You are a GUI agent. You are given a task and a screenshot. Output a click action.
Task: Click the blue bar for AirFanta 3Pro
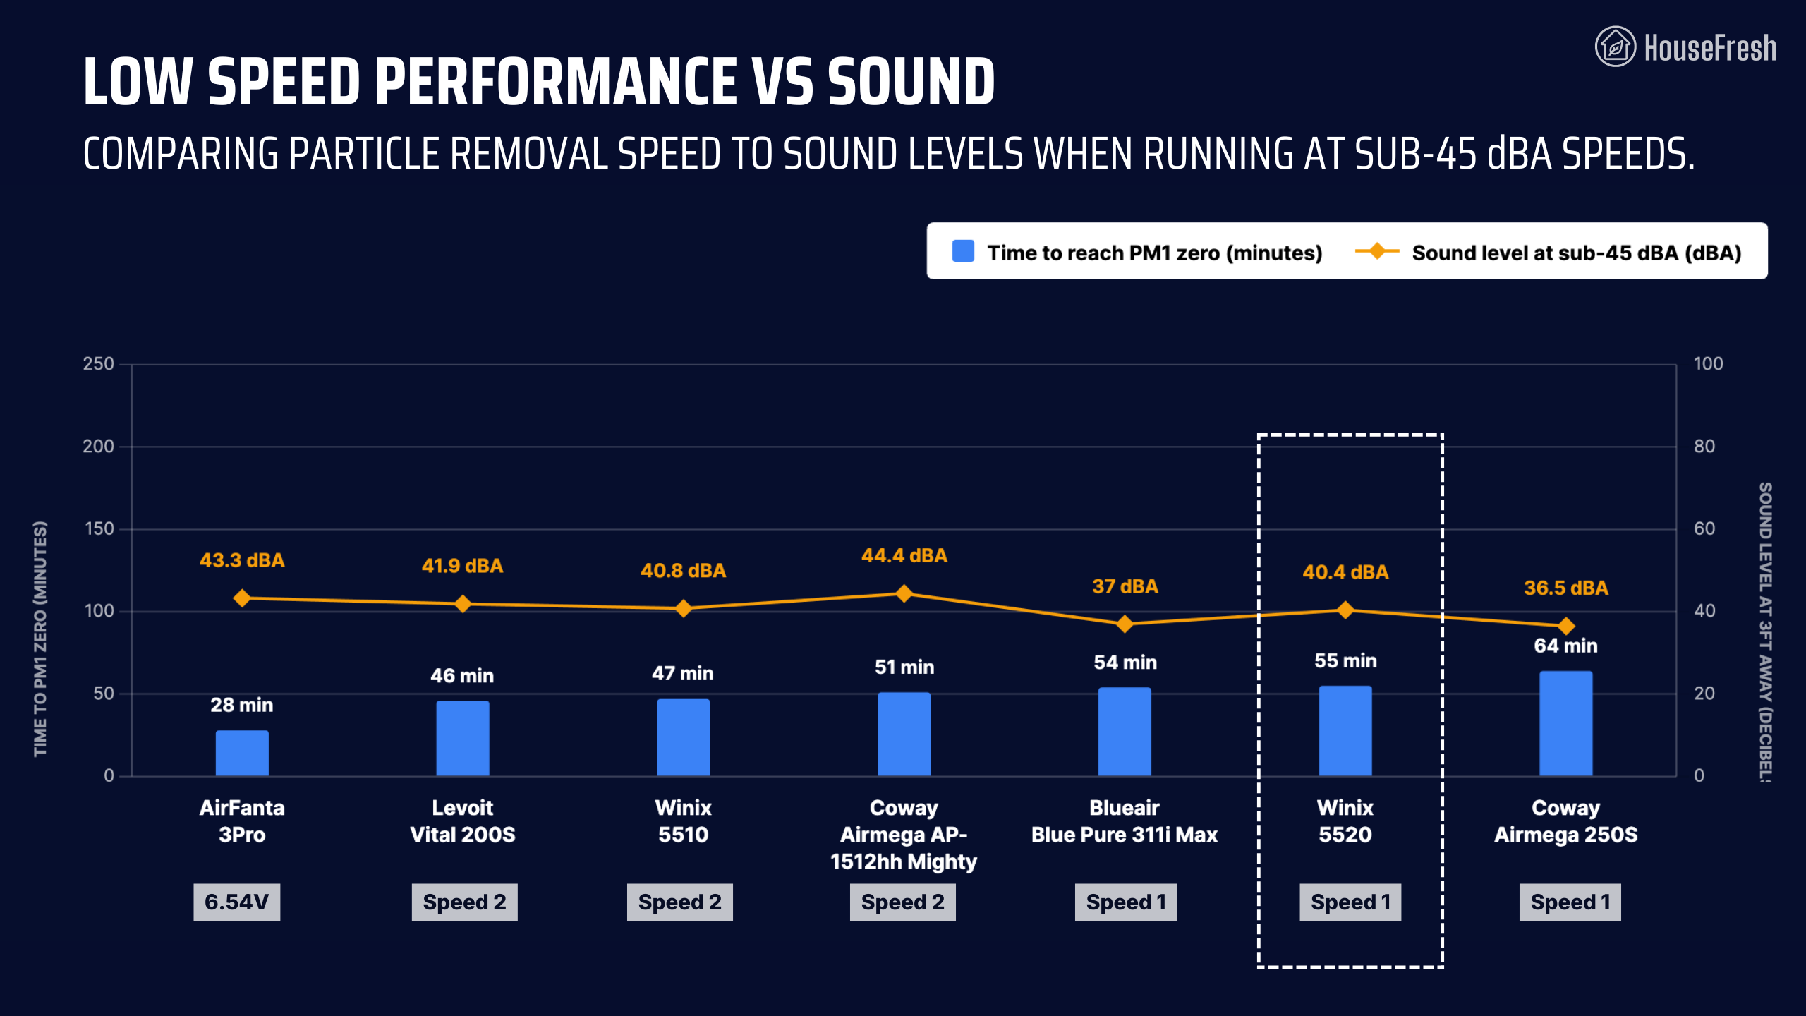tap(242, 753)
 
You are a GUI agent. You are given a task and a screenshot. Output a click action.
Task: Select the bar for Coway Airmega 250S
tap(1565, 723)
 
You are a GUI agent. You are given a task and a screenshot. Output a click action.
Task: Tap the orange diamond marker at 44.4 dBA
tap(904, 593)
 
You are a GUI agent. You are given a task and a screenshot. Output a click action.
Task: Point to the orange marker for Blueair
tap(1125, 624)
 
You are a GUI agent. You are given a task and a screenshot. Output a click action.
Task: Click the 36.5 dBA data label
tap(1565, 588)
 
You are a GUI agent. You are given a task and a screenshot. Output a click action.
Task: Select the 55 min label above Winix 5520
tap(1345, 661)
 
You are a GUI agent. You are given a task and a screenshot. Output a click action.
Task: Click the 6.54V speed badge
tap(236, 902)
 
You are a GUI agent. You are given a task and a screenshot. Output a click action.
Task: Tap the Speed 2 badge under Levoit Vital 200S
tap(464, 902)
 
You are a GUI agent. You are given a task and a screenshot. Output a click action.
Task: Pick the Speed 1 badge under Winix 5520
tap(1350, 902)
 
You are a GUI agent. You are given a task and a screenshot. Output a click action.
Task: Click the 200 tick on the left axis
tap(98, 447)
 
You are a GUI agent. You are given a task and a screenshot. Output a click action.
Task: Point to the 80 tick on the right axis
tap(1704, 447)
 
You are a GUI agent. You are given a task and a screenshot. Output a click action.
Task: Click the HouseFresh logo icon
tap(1615, 47)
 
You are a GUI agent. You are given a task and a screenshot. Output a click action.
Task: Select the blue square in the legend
tap(963, 251)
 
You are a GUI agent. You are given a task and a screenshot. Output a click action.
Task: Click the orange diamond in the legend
tap(1376, 251)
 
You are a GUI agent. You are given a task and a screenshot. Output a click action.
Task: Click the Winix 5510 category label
tap(683, 821)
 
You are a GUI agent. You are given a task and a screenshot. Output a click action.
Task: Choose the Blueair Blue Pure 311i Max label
tap(1125, 821)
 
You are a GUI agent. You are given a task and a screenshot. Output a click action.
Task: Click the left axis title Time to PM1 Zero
tap(40, 639)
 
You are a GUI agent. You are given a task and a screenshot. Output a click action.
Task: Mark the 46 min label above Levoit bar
tap(462, 676)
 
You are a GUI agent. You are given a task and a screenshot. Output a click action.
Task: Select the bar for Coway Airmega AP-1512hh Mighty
tap(904, 734)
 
